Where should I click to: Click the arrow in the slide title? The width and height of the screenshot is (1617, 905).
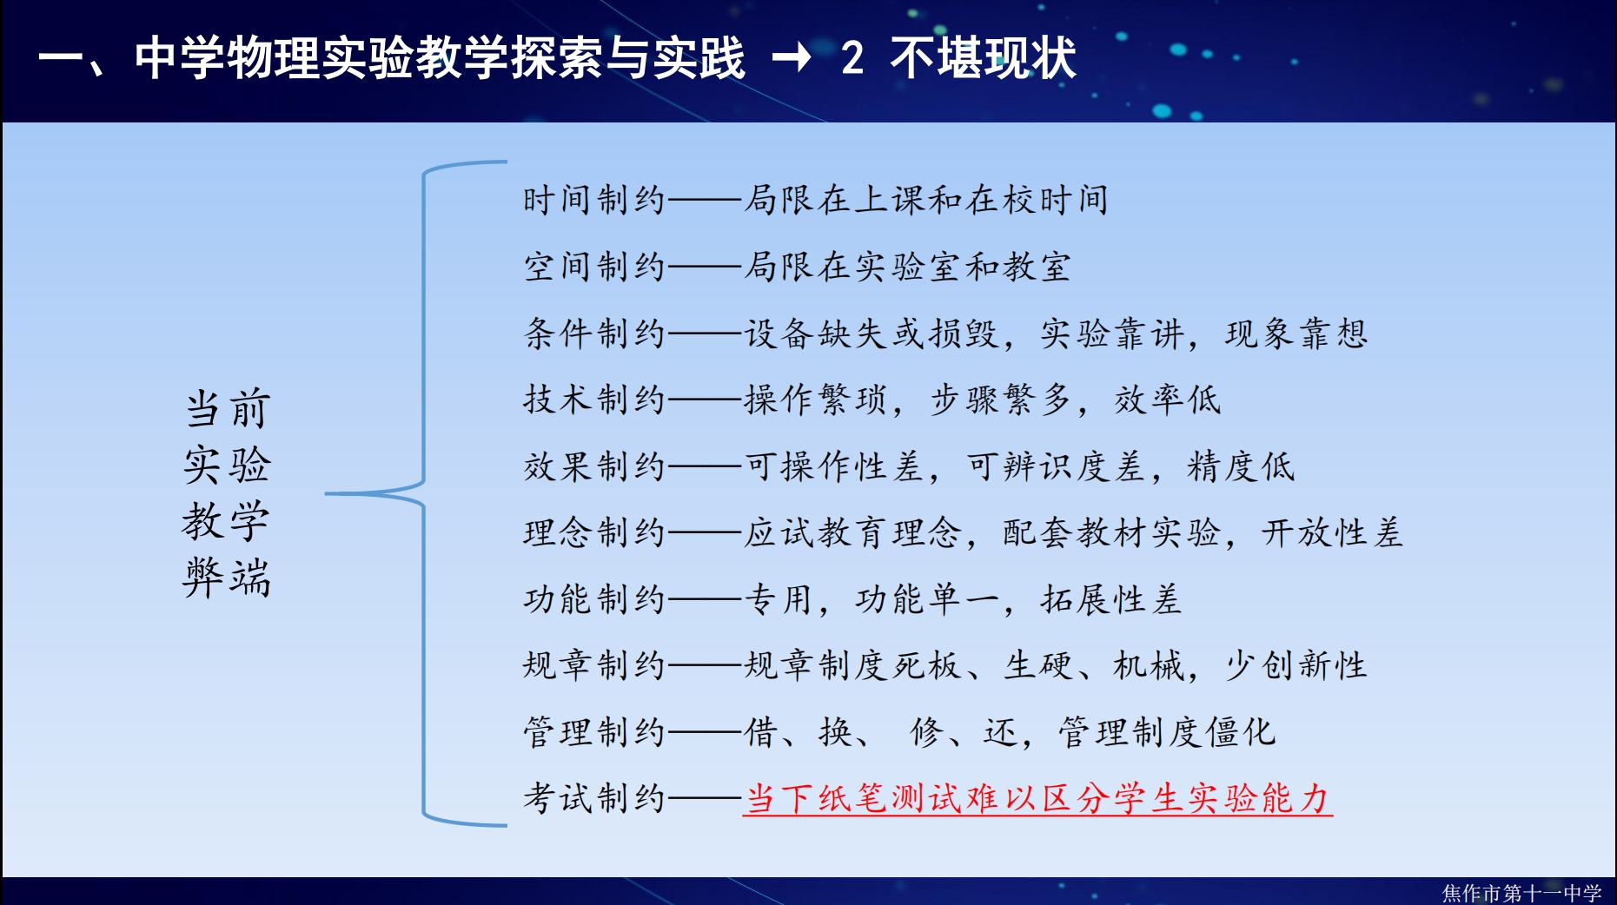pos(792,58)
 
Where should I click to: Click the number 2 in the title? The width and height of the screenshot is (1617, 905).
pos(852,58)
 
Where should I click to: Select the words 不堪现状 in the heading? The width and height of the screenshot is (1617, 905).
pos(983,58)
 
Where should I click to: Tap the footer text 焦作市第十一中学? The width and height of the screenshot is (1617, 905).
pos(1521,893)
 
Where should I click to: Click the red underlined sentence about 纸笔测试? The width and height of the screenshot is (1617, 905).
pos(1037,798)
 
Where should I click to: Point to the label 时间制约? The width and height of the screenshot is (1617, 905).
pos(593,200)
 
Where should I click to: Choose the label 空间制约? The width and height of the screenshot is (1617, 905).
pos(593,267)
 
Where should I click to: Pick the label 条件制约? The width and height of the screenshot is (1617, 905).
pos(593,334)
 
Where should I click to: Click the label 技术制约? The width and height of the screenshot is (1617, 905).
pos(593,400)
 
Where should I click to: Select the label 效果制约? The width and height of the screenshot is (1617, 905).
pos(593,466)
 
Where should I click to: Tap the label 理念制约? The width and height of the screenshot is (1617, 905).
pos(593,532)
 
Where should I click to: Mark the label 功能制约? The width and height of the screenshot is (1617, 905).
pos(593,599)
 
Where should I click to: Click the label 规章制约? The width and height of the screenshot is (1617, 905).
pos(593,665)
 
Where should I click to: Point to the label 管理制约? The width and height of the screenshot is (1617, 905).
pos(593,732)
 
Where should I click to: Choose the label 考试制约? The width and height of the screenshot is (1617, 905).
pos(593,798)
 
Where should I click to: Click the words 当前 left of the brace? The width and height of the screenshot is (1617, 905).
pos(228,409)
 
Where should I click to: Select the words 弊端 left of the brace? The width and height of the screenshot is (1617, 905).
pos(228,578)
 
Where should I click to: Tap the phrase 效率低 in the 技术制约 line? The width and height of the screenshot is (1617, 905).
pos(1168,400)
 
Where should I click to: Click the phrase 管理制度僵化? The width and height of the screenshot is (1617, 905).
pos(1167,732)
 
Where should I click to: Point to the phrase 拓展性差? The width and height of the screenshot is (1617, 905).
pos(1111,599)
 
